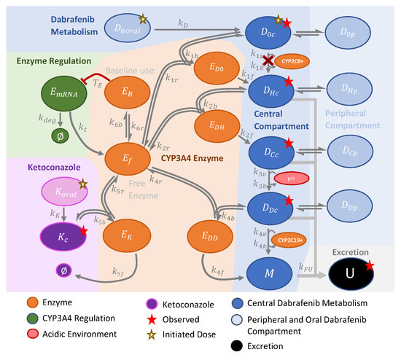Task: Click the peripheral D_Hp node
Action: [x=350, y=90]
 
